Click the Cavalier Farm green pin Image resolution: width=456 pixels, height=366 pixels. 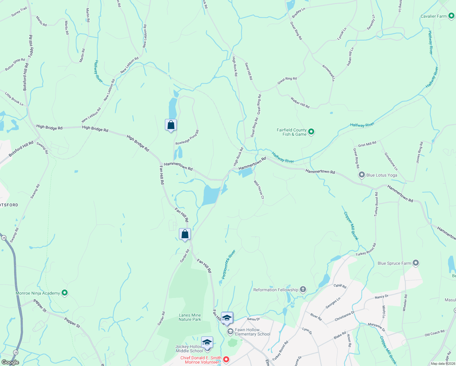pyautogui.click(x=451, y=16)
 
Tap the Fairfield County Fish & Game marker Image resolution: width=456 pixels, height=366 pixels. pyautogui.click(x=311, y=132)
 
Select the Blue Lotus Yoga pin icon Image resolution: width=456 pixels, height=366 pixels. pyautogui.click(x=362, y=175)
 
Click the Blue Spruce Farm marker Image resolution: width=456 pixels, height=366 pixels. pyautogui.click(x=415, y=263)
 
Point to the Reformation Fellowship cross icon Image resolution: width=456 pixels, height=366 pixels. pyautogui.click(x=303, y=289)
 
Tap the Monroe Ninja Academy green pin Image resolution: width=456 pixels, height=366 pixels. pyautogui.click(x=64, y=293)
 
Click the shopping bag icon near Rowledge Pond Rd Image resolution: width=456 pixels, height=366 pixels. pyautogui.click(x=171, y=125)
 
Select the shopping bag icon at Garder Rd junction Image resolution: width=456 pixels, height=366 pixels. pyautogui.click(x=185, y=234)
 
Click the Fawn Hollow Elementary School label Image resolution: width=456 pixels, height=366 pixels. pyautogui.click(x=252, y=332)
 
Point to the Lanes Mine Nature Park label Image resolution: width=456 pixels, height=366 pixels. pyautogui.click(x=190, y=317)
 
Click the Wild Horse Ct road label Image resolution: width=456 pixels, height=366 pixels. pyautogui.click(x=259, y=189)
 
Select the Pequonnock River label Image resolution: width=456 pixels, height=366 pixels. pyautogui.click(x=229, y=264)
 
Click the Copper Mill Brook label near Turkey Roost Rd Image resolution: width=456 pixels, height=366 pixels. pyautogui.click(x=351, y=226)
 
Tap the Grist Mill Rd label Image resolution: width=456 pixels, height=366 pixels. pyautogui.click(x=367, y=144)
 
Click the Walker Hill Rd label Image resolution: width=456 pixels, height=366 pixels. pyautogui.click(x=300, y=102)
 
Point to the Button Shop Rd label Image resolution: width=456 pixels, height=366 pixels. pyautogui.click(x=15, y=64)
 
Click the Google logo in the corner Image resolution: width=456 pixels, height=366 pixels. pyautogui.click(x=10, y=362)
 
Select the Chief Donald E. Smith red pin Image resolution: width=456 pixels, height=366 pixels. pyautogui.click(x=226, y=360)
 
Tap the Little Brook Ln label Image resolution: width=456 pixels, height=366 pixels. pyautogui.click(x=14, y=99)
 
